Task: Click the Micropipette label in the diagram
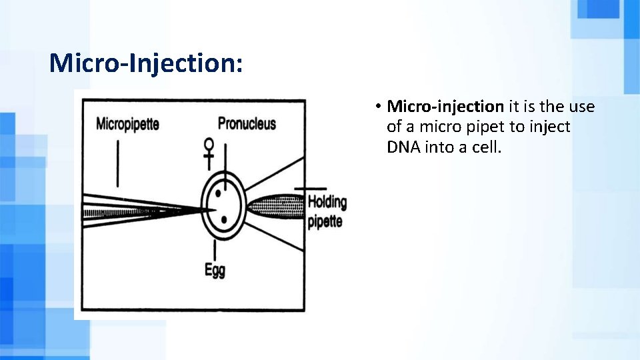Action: (x=127, y=124)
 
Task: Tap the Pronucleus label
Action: (x=247, y=123)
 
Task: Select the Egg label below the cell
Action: (x=215, y=270)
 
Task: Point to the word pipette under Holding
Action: (x=325, y=222)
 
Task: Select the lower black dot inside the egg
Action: (x=224, y=219)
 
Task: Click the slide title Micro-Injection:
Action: (x=146, y=64)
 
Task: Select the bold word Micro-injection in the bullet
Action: (x=445, y=107)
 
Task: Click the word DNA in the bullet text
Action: (x=402, y=147)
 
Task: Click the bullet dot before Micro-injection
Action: (x=377, y=107)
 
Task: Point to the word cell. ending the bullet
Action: (x=485, y=147)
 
